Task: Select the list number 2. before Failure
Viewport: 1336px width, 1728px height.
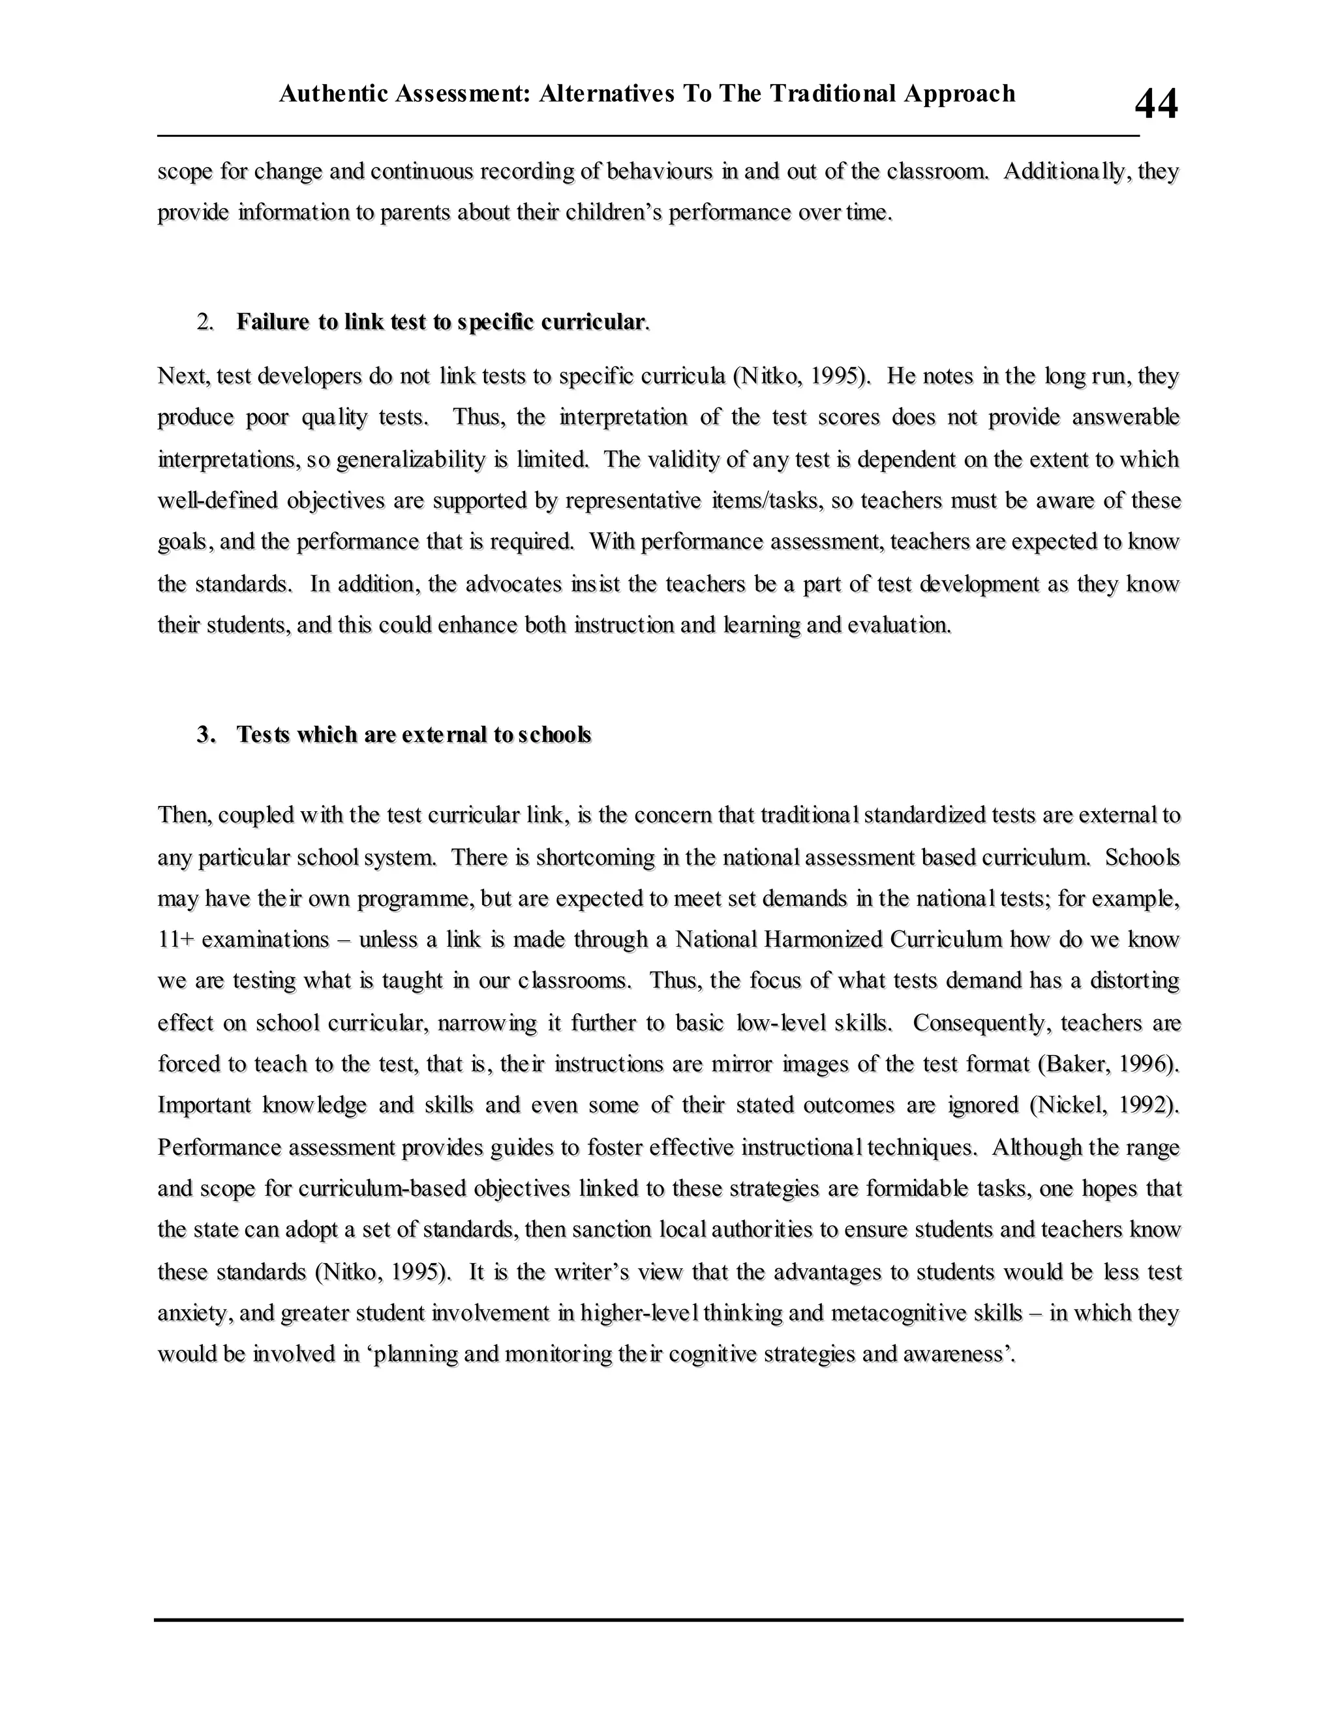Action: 205,322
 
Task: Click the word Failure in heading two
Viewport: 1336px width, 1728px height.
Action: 272,322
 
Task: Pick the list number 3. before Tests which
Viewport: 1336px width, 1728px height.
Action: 205,735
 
